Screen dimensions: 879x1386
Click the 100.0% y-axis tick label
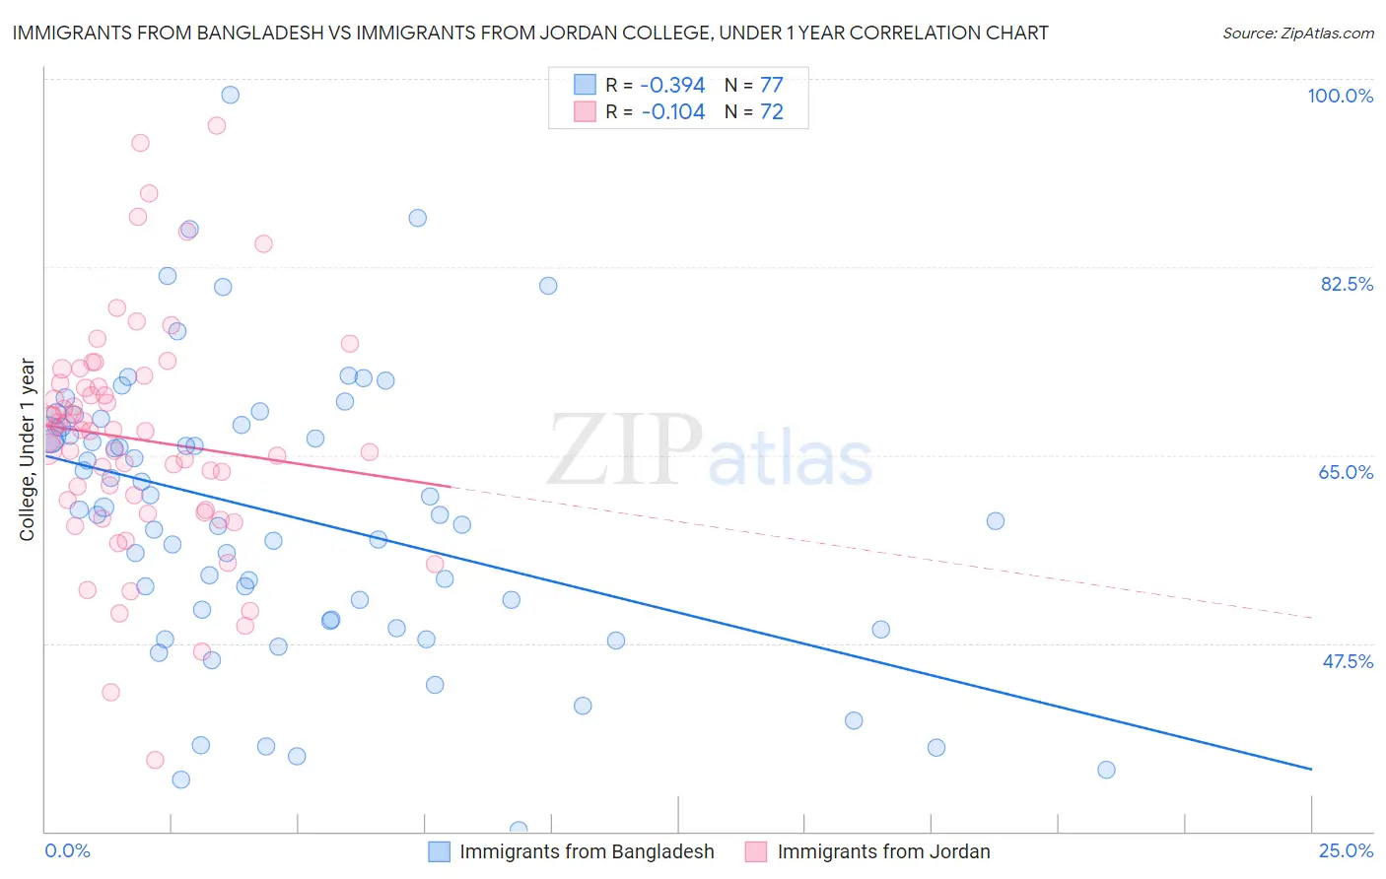(x=1340, y=96)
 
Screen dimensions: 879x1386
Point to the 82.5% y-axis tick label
(x=1347, y=284)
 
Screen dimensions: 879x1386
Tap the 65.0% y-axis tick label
(x=1346, y=472)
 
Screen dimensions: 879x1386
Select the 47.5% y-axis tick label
(x=1348, y=661)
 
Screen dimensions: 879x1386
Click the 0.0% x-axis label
(x=67, y=851)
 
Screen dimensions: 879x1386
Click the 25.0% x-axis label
(x=1346, y=851)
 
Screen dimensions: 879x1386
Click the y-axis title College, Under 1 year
(x=27, y=449)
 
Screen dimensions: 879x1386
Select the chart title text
(x=530, y=33)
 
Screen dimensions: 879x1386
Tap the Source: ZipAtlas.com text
(x=1297, y=33)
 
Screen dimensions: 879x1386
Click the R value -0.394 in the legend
(x=673, y=85)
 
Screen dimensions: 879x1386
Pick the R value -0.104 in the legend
(x=673, y=112)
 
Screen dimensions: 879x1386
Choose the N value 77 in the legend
(x=771, y=85)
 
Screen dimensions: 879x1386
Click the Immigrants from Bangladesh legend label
(x=587, y=851)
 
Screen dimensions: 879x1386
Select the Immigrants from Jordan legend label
(x=883, y=851)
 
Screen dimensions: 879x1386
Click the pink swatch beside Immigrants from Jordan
(x=756, y=851)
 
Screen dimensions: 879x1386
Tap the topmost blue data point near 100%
(x=230, y=95)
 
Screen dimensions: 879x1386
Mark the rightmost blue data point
(x=1106, y=770)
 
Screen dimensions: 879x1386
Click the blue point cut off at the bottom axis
(x=519, y=830)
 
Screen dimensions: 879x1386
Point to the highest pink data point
(x=217, y=125)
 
